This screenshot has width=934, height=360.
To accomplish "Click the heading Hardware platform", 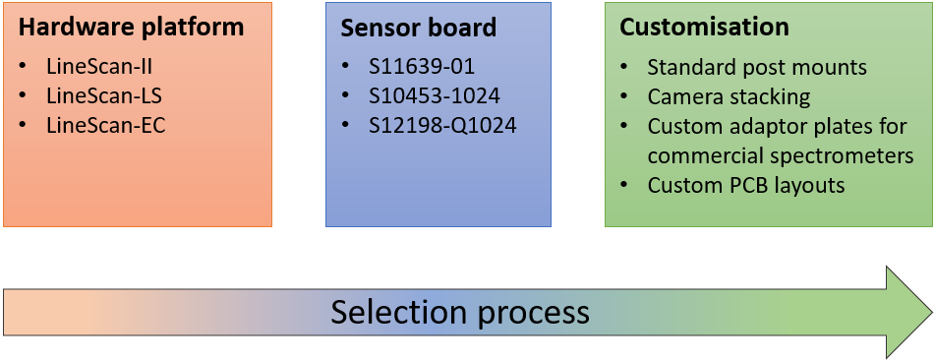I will (131, 28).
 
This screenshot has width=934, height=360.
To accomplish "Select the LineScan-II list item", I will (98, 67).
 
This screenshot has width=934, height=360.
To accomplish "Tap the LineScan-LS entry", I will (100, 96).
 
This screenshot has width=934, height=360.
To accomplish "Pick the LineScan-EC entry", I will (101, 126).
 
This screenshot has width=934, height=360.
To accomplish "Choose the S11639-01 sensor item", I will (422, 67).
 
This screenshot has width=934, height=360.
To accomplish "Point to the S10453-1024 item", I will (435, 96).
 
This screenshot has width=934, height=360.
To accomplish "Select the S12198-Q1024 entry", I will (442, 126).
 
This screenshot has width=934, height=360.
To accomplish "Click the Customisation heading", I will (689, 28).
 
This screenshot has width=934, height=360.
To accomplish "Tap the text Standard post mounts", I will (757, 68).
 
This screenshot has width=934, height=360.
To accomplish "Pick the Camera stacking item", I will (729, 97).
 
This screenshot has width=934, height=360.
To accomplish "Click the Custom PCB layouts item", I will (746, 185).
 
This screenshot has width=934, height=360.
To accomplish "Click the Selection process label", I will (459, 312).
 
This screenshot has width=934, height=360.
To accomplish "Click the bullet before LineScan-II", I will (24, 67).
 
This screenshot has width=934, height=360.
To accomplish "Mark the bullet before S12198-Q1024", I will (346, 126).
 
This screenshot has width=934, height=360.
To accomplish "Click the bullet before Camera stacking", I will (625, 97).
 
